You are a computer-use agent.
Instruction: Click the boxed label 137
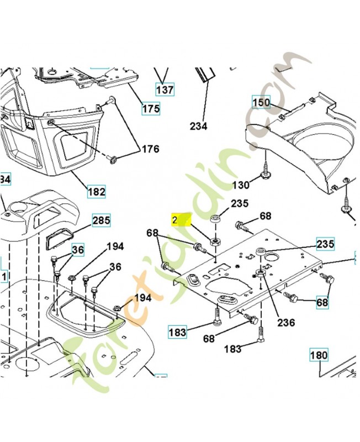(165, 89)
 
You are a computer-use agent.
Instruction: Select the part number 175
(150, 108)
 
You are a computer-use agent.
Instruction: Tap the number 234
(198, 127)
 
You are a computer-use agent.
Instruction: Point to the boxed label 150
(262, 102)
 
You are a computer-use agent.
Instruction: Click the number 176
(150, 149)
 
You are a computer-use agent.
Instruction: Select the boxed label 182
(97, 192)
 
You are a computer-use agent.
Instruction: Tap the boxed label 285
(101, 220)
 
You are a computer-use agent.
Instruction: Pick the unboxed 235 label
(240, 204)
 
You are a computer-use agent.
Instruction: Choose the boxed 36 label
(78, 250)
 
